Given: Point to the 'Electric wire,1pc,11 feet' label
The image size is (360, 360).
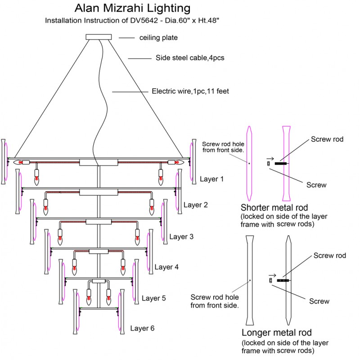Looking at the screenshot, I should point(190,91).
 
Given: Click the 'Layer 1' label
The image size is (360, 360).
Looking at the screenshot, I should point(211,179).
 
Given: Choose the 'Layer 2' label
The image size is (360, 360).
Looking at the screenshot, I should point(195,205).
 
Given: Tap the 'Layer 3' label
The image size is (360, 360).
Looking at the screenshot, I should point(181,237).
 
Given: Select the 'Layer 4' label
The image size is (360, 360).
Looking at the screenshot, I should point(166,267).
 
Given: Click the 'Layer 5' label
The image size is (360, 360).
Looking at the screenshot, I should point(154,298).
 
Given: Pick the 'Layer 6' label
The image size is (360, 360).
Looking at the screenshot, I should point(142,328).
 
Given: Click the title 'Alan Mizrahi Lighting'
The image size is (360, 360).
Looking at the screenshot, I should point(132,9).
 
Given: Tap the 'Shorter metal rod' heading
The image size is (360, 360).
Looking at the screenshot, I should point(274,208).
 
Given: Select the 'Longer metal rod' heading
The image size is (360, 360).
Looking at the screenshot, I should point(276,333).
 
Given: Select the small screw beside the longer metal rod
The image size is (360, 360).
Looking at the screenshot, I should point(271,280).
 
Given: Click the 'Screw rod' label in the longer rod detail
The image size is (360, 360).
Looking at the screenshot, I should point(329,256).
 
